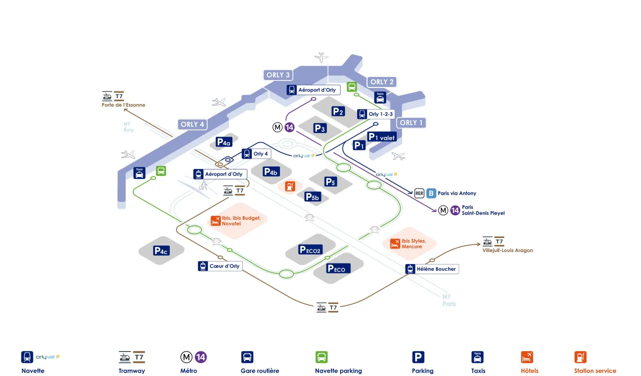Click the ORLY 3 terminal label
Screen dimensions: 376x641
[x=278, y=75]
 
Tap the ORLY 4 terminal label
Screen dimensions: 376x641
[x=192, y=124]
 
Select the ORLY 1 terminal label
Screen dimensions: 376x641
[x=411, y=122]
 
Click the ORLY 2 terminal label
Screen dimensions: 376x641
[x=382, y=82]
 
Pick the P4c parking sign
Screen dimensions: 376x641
[x=161, y=250]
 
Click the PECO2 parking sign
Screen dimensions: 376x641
[x=310, y=249]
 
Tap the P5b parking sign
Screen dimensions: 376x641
[x=312, y=196]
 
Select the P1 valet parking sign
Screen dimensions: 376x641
[x=381, y=136]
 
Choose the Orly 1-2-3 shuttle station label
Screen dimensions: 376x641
[x=376, y=114]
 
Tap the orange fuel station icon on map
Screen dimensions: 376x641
[x=290, y=186]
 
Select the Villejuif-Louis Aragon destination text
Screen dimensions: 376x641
[x=508, y=250]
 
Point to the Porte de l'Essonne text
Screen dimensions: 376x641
[x=123, y=105]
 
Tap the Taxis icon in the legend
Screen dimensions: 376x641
[x=478, y=357]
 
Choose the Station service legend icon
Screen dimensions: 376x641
[x=580, y=357]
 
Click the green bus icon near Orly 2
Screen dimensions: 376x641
[x=352, y=87]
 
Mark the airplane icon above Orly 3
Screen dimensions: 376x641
[x=322, y=57]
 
